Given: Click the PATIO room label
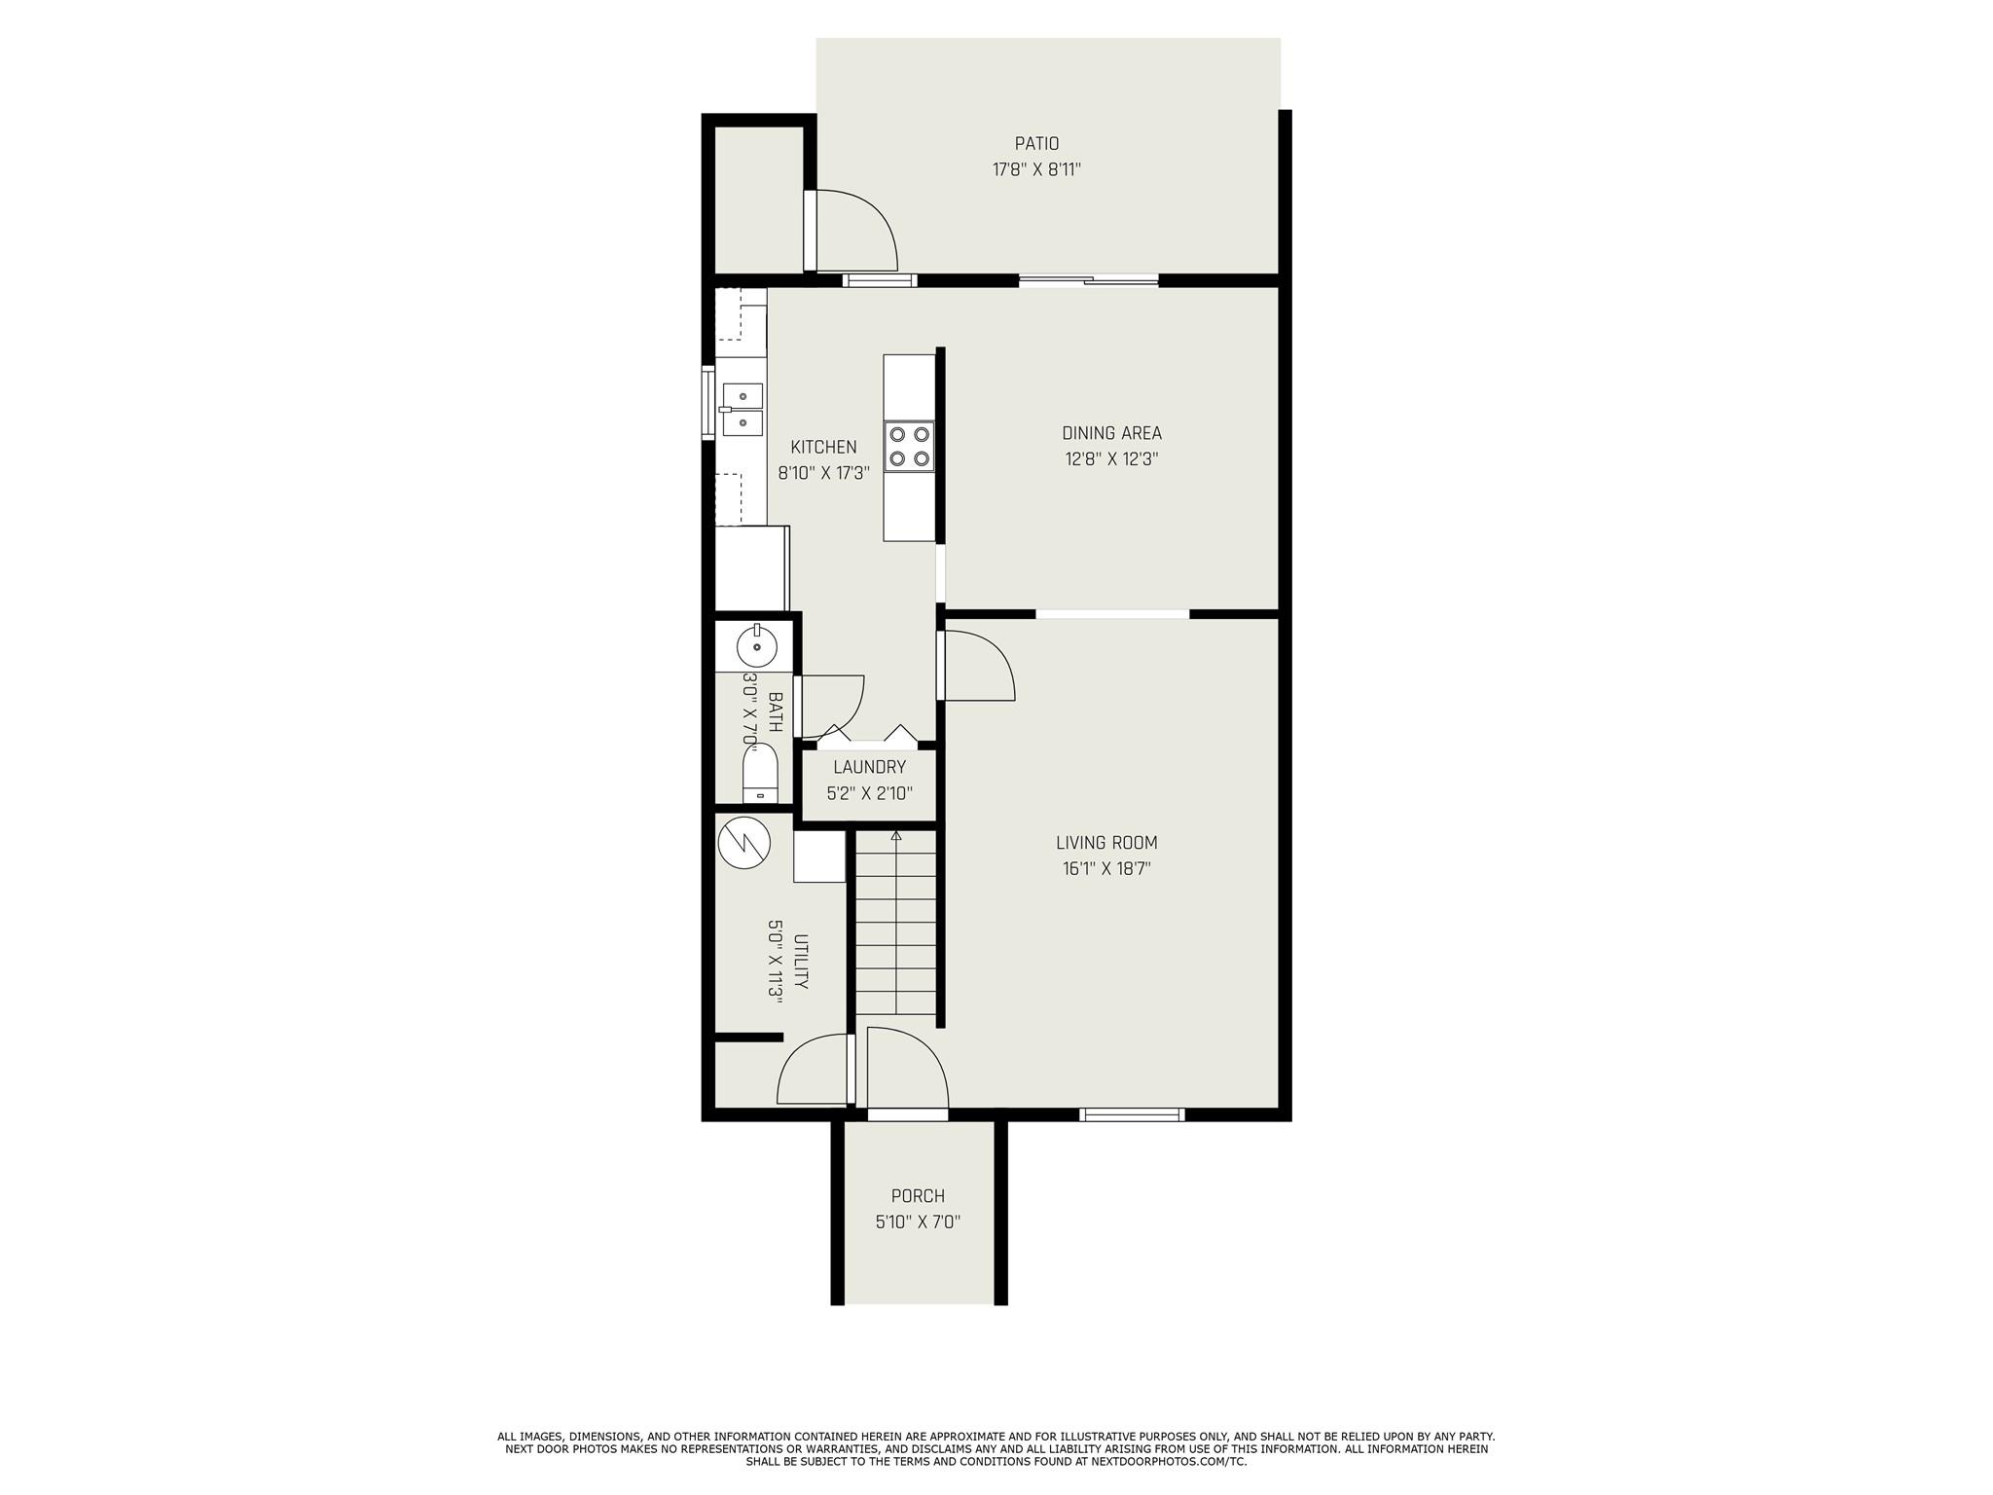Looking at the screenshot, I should [1036, 144].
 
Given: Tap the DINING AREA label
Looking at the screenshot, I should [1111, 433].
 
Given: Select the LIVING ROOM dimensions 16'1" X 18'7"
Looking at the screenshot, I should [1106, 869].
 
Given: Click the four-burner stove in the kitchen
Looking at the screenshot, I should [909, 447].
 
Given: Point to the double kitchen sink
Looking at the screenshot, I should [743, 408].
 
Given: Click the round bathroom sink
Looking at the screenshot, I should [756, 645].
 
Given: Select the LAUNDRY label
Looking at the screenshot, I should [869, 767].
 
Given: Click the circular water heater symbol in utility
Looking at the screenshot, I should [743, 842].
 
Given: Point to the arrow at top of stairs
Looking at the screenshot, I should [896, 835].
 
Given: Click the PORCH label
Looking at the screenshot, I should [918, 1196].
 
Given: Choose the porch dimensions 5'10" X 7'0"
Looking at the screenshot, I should [918, 1222].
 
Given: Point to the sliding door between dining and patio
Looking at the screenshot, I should [1089, 281].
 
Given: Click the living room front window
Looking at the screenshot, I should [1132, 1114].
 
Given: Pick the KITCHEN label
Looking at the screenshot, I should [823, 447].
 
